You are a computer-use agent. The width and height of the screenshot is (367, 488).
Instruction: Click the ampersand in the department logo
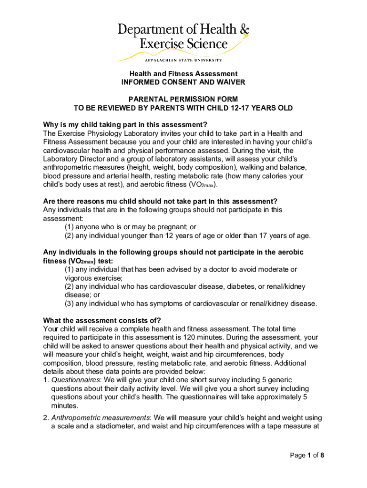click(244, 30)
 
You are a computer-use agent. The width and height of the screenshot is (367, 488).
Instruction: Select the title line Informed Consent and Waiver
click(183, 82)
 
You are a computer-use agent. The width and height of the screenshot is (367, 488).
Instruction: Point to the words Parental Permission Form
click(183, 100)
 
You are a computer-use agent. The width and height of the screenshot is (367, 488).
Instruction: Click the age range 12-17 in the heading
click(235, 108)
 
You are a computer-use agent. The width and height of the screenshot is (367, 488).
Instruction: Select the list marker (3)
click(69, 304)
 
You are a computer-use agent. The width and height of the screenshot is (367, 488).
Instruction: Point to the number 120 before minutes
click(197, 337)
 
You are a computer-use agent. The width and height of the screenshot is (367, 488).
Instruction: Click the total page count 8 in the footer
click(322, 456)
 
